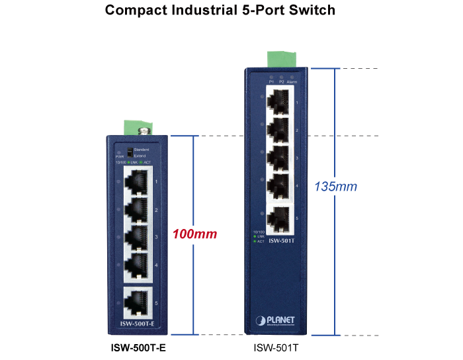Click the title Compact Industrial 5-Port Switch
[x=220, y=11]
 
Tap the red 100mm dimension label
[x=194, y=234]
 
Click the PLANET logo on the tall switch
[x=277, y=321]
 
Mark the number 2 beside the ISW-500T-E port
[x=155, y=210]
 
